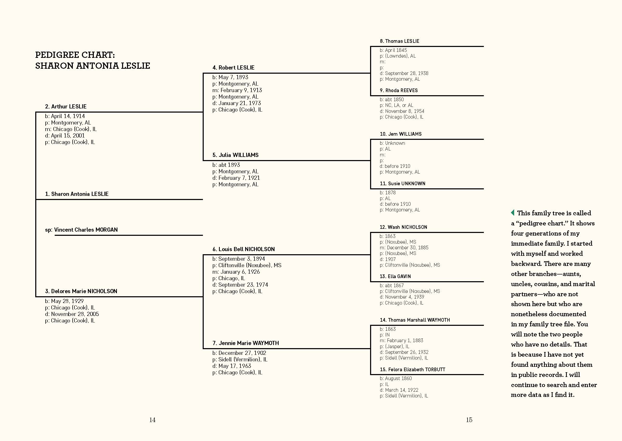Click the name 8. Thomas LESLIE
[x=399, y=41]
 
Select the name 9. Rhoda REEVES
[x=399, y=91]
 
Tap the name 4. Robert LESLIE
[x=233, y=68]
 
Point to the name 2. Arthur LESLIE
[x=66, y=106]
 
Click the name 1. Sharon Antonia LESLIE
[x=77, y=194]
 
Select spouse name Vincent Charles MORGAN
[x=86, y=230]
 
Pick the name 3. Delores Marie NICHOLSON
[x=81, y=291]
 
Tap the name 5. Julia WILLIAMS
[x=236, y=155]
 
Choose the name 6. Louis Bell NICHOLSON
[x=244, y=249]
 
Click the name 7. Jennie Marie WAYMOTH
[x=245, y=343]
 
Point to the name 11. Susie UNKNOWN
[x=402, y=184]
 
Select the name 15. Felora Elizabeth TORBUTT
[x=412, y=370]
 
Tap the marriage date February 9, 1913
[x=241, y=90]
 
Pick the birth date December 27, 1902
[x=242, y=353]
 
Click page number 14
[x=152, y=420]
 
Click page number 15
[x=469, y=420]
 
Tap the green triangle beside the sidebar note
[x=512, y=213]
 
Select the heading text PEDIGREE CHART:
[x=75, y=55]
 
